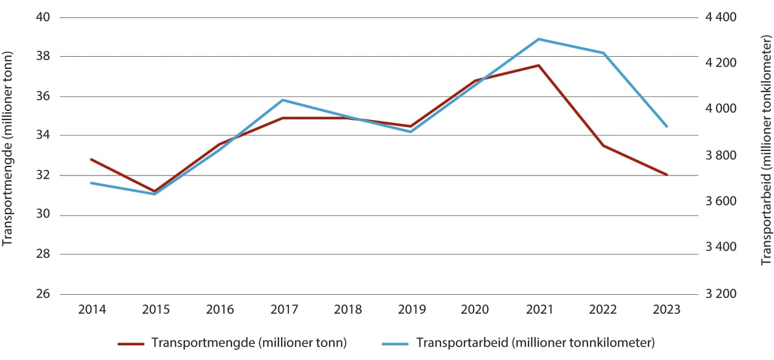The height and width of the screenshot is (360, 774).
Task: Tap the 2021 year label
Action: pos(539,310)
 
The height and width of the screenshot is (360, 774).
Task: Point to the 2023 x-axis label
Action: pos(666,310)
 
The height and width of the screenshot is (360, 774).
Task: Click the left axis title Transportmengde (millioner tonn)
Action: pos(8,155)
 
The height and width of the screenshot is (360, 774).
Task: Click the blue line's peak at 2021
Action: pos(539,39)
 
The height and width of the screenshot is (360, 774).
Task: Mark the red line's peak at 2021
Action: pos(539,65)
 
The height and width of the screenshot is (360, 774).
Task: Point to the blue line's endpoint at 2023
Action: pos(666,126)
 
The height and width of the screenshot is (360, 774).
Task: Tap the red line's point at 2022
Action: pos(602,146)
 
